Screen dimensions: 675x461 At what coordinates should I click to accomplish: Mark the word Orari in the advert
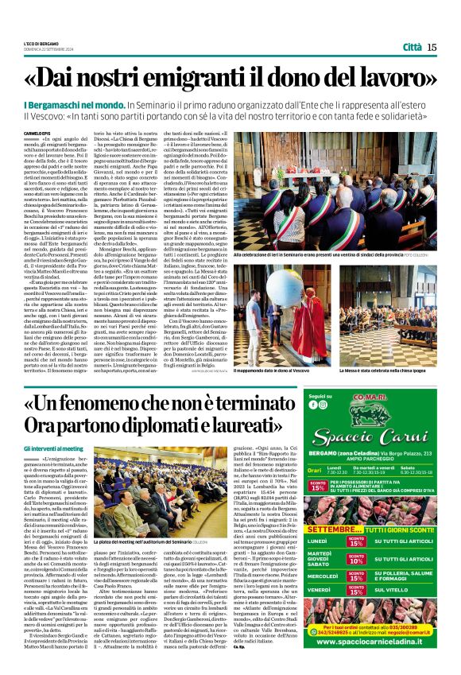317,471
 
